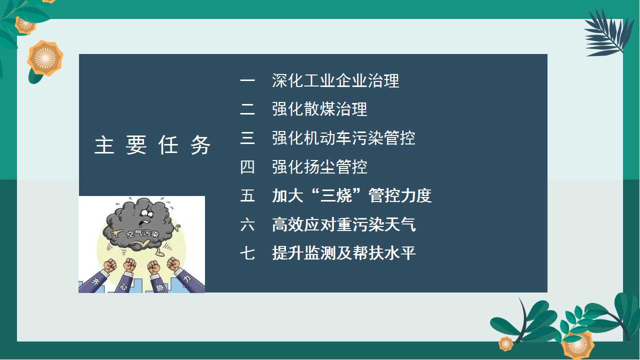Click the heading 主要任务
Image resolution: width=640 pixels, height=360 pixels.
[x=152, y=145]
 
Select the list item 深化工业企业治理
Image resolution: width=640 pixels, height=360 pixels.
[x=335, y=80]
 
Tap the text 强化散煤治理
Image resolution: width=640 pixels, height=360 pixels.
[x=319, y=109]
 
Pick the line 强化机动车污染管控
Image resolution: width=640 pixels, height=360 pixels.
[x=343, y=138]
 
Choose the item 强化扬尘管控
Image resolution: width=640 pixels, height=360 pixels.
[x=319, y=167]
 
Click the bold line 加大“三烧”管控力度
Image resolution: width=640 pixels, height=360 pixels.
[x=351, y=195]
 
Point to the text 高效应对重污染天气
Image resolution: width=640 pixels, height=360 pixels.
[x=343, y=224]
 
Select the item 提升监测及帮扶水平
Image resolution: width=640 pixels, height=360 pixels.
[x=343, y=253]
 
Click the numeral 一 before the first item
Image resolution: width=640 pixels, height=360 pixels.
[x=247, y=80]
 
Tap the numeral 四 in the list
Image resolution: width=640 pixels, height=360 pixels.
[x=247, y=167]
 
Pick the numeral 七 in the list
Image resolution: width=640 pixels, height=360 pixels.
[x=247, y=253]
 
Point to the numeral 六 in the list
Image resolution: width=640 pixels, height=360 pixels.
[x=247, y=224]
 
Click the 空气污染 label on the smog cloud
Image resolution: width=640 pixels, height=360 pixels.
[x=142, y=234]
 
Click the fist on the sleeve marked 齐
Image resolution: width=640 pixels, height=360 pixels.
[x=110, y=265]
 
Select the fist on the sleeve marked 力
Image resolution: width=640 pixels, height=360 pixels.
[x=173, y=264]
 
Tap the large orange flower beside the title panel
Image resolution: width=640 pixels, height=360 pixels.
[x=45, y=58]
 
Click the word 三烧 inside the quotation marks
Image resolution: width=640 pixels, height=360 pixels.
[x=335, y=195]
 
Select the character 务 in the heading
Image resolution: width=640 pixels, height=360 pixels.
[x=200, y=145]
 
